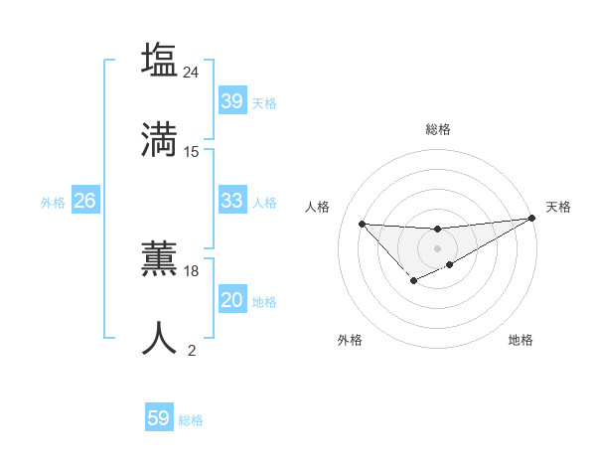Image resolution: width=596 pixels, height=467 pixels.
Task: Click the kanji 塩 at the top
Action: pyautogui.click(x=159, y=60)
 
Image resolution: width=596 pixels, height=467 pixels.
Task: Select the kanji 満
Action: pyautogui.click(x=159, y=139)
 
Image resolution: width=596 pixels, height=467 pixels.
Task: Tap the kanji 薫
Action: pyautogui.click(x=159, y=259)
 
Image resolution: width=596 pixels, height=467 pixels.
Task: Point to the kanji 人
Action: pyautogui.click(x=159, y=338)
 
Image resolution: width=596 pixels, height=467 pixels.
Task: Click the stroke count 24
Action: pyautogui.click(x=192, y=72)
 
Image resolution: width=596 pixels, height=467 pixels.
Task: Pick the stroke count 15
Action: pyautogui.click(x=192, y=152)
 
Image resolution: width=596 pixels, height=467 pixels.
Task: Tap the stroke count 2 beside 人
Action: pyautogui.click(x=192, y=350)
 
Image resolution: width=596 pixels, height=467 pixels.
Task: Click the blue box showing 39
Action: pyautogui.click(x=231, y=101)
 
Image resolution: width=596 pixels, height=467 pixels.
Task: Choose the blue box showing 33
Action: pyautogui.click(x=231, y=201)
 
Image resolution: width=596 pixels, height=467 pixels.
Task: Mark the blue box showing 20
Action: pyautogui.click(x=231, y=300)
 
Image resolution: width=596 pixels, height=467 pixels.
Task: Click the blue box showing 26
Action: pyautogui.click(x=84, y=201)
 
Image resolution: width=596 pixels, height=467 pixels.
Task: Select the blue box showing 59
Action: pyautogui.click(x=159, y=418)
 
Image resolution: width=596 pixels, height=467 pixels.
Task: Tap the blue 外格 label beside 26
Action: pyautogui.click(x=53, y=203)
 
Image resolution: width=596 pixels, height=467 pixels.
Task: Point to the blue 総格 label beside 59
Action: pyautogui.click(x=191, y=420)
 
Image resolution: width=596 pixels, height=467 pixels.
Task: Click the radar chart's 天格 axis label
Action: pyautogui.click(x=558, y=207)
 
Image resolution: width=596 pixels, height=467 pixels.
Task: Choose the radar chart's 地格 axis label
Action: pyautogui.click(x=521, y=340)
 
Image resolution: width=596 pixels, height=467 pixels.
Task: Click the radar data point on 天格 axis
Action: pyautogui.click(x=531, y=219)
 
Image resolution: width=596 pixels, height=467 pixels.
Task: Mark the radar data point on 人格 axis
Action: pyautogui.click(x=362, y=224)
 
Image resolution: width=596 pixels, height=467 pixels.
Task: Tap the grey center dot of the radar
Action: pyautogui.click(x=437, y=247)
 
